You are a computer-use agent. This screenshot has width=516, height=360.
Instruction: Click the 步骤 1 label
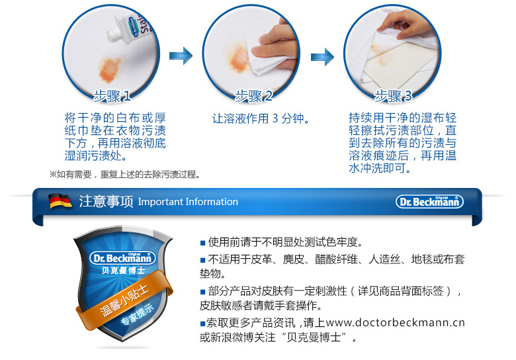pyautogui.click(x=112, y=96)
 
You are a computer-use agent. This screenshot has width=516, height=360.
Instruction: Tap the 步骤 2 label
pyautogui.click(x=253, y=96)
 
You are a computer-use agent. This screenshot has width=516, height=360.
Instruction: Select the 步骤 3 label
pyautogui.click(x=393, y=96)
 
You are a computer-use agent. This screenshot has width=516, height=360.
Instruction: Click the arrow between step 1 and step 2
pyautogui.click(x=181, y=56)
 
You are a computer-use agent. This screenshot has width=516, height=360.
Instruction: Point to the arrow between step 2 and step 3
pyautogui.click(x=322, y=57)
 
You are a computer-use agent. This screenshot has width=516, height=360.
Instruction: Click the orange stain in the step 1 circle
pyautogui.click(x=110, y=69)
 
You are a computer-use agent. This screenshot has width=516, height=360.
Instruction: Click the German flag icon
pyautogui.click(x=60, y=201)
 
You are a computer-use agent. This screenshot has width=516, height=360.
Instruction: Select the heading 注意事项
pyautogui.click(x=106, y=201)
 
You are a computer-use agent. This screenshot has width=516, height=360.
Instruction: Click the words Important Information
pyautogui.click(x=188, y=202)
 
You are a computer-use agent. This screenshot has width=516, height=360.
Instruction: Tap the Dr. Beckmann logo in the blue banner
pyautogui.click(x=429, y=201)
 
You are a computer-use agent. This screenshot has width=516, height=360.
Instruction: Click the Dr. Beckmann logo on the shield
pyautogui.click(x=122, y=258)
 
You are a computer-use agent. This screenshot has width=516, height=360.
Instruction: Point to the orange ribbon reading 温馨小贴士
pyautogui.click(x=124, y=299)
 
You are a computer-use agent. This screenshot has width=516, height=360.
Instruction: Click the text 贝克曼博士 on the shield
pyautogui.click(x=123, y=271)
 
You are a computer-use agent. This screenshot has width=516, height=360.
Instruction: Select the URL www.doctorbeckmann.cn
pyautogui.click(x=395, y=322)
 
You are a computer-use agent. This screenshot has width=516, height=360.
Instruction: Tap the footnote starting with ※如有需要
pyautogui.click(x=125, y=174)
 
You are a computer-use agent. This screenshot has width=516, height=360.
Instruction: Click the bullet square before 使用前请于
pyautogui.click(x=202, y=244)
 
